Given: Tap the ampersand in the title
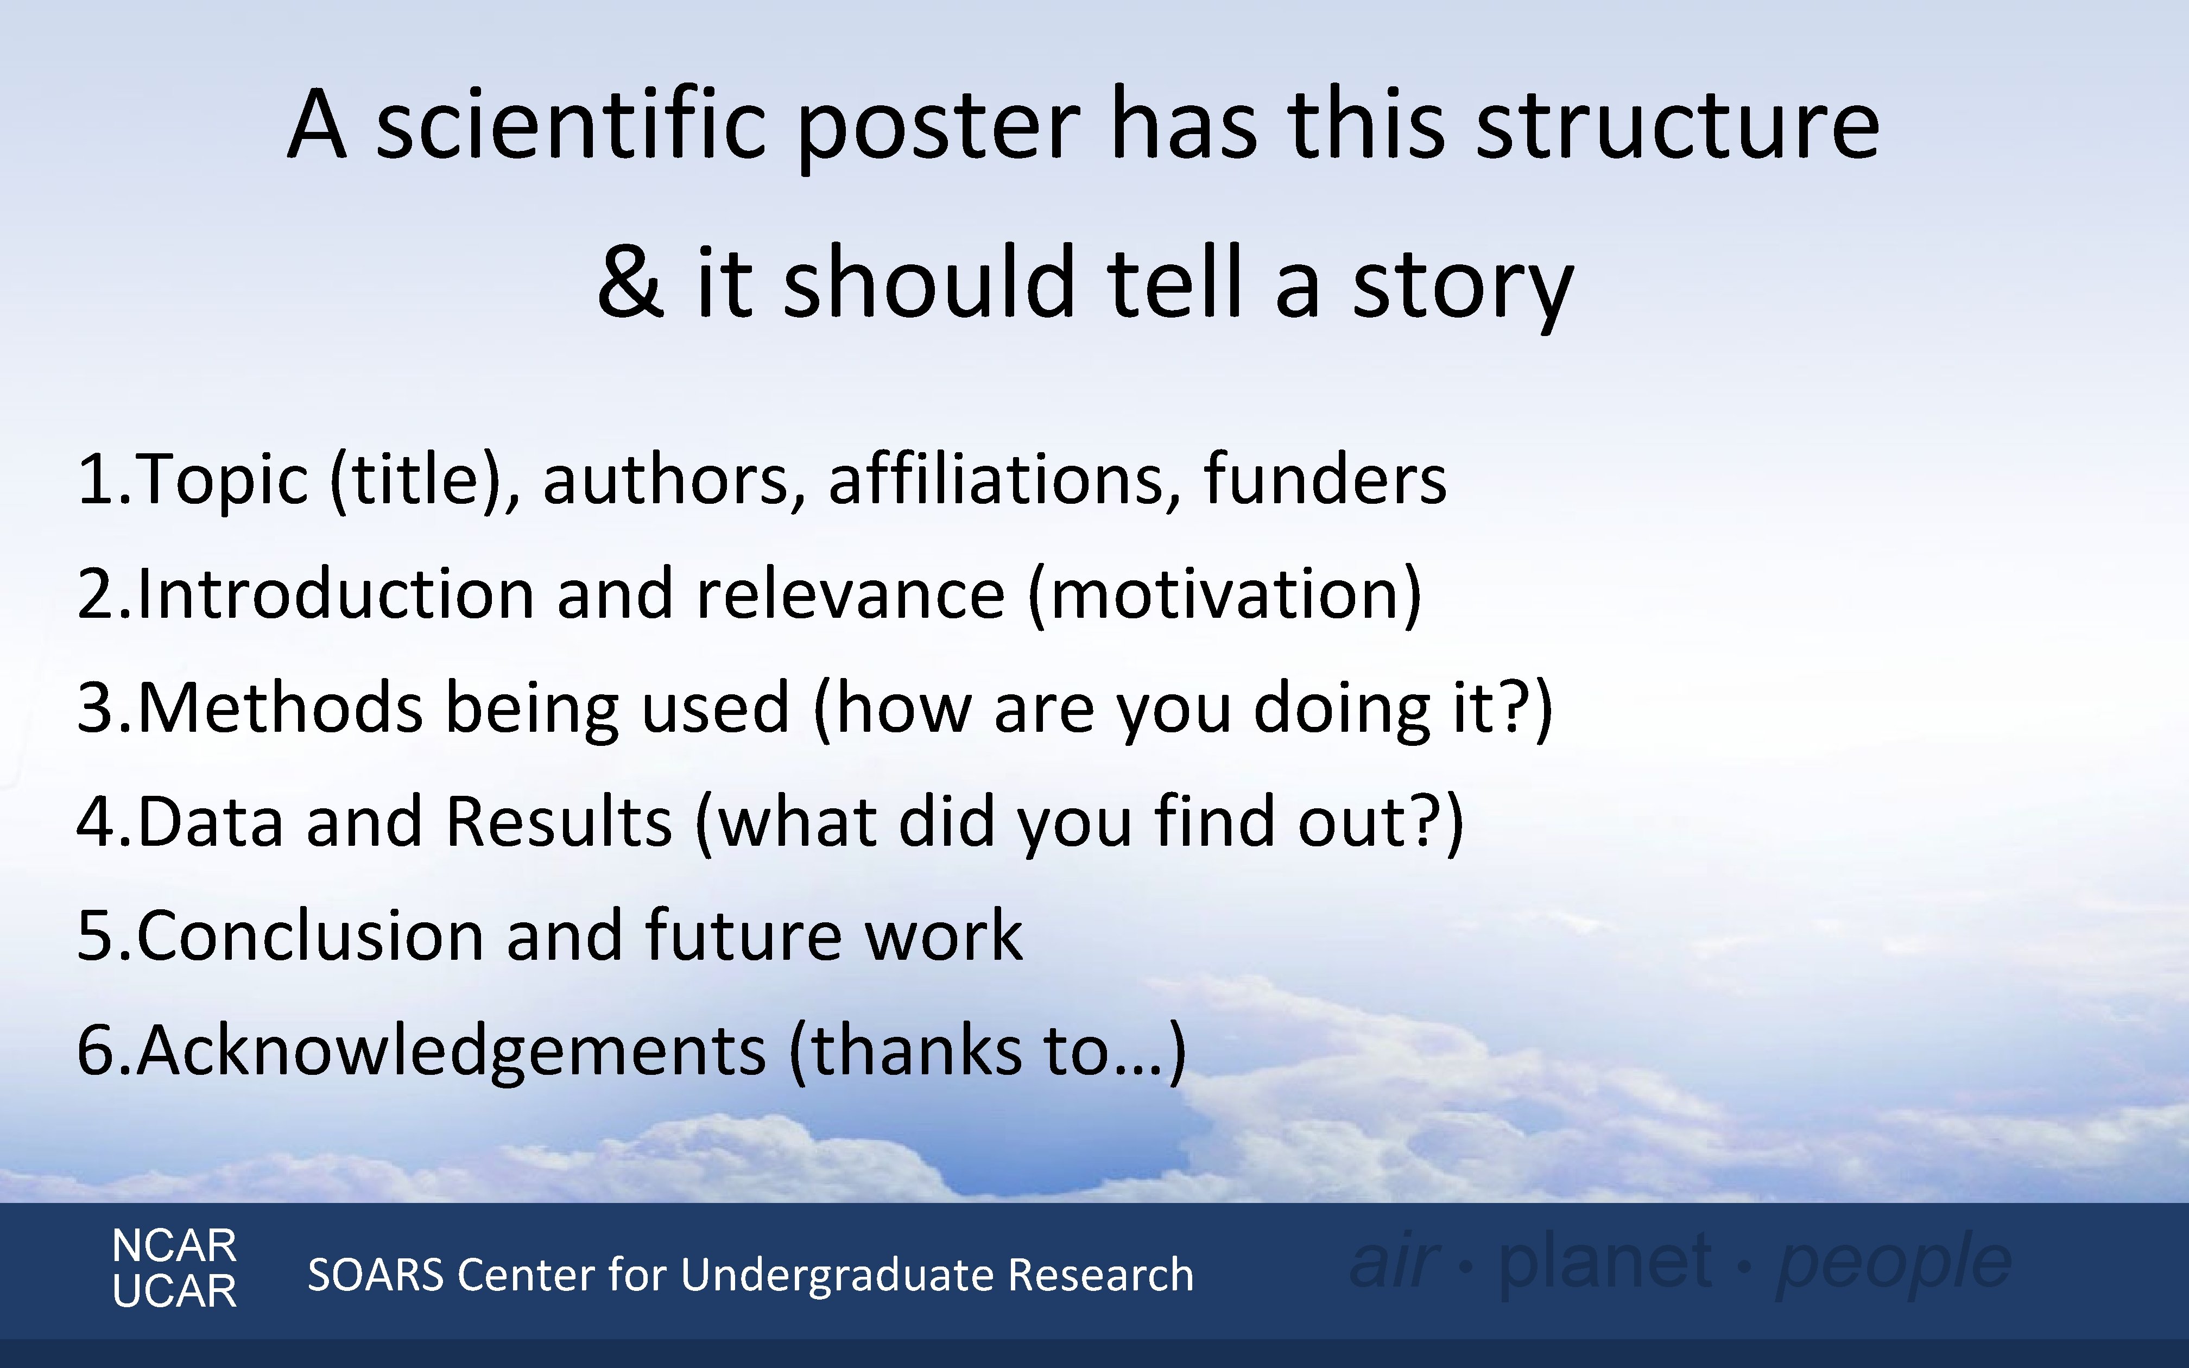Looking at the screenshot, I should (x=630, y=282).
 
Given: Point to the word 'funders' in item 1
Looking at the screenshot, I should (x=1325, y=479).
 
